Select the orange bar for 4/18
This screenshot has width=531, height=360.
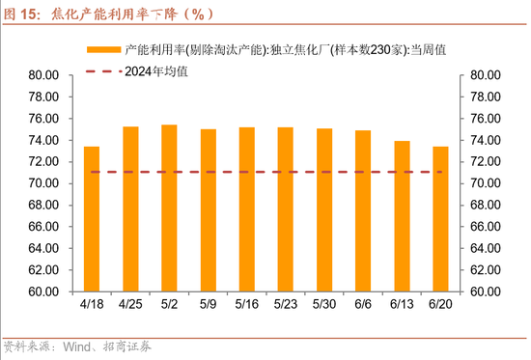pyautogui.click(x=92, y=219)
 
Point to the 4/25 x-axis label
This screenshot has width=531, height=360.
pyautogui.click(x=130, y=304)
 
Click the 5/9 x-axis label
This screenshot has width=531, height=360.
pyautogui.click(x=208, y=304)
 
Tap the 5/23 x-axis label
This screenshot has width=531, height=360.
pyautogui.click(x=285, y=304)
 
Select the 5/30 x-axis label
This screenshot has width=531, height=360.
pyautogui.click(x=324, y=304)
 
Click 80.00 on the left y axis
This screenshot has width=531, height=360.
pyautogui.click(x=44, y=74)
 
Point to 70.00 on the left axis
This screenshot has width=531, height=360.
pyautogui.click(x=44, y=183)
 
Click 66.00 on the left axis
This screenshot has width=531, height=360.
pyautogui.click(x=44, y=227)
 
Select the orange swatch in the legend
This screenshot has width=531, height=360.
pyautogui.click(x=103, y=48)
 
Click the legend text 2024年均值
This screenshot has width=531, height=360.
pyautogui.click(x=159, y=70)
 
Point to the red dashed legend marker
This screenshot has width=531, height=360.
pyautogui.click(x=103, y=70)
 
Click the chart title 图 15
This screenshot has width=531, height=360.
pyautogui.click(x=21, y=14)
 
